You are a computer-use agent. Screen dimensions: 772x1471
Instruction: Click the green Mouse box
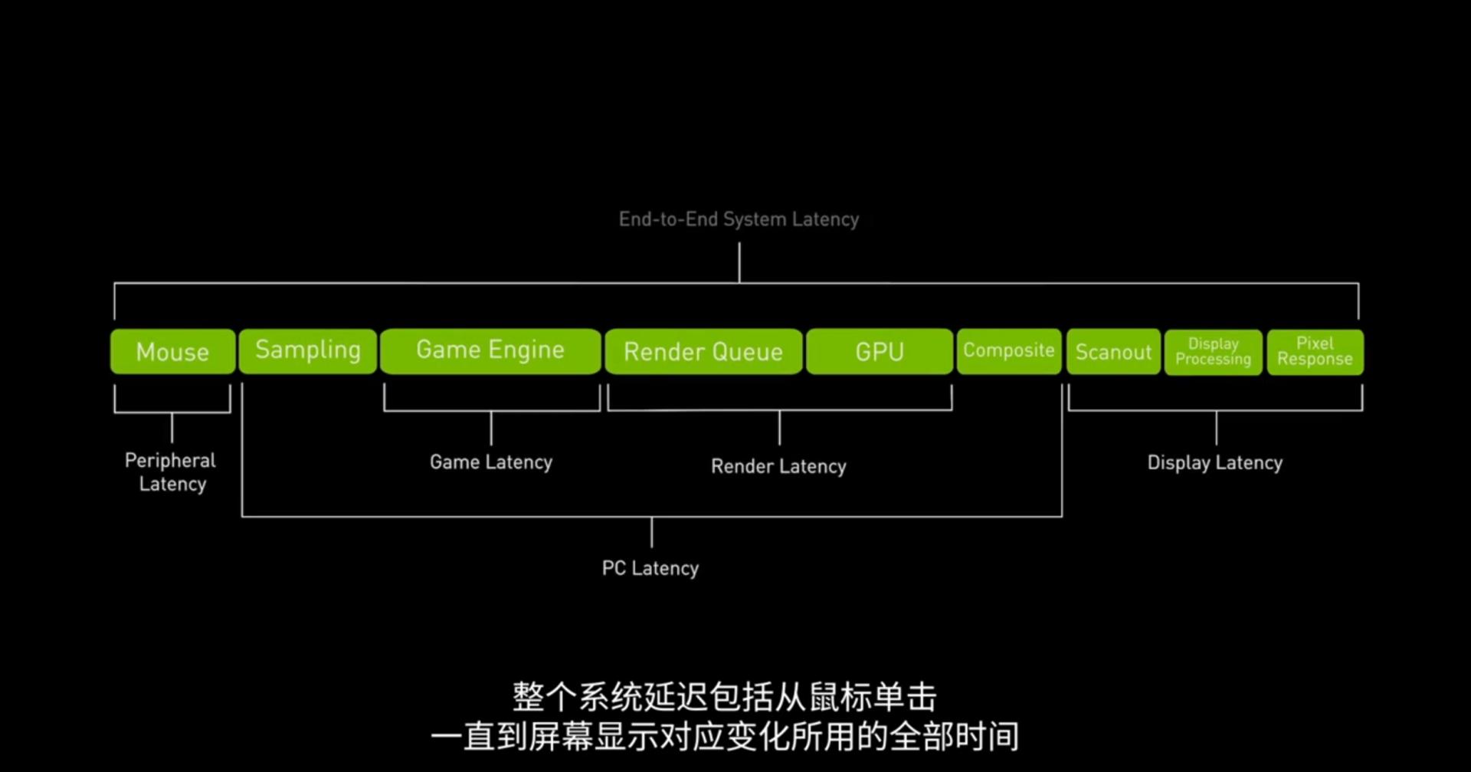pyautogui.click(x=172, y=352)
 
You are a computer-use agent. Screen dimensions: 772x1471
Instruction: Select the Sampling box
pyautogui.click(x=307, y=351)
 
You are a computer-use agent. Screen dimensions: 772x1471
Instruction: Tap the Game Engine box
pyautogui.click(x=490, y=351)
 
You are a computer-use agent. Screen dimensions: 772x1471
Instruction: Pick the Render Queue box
pyautogui.click(x=703, y=352)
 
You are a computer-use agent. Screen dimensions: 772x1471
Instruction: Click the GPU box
pyautogui.click(x=880, y=352)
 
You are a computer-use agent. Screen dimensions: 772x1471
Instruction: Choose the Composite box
pyautogui.click(x=1008, y=351)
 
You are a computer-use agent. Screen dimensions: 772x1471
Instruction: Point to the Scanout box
pyautogui.click(x=1113, y=352)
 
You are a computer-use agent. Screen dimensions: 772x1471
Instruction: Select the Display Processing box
pyautogui.click(x=1213, y=352)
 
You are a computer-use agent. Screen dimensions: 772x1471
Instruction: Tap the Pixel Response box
pyautogui.click(x=1315, y=352)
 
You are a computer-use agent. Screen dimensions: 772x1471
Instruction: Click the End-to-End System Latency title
pyautogui.click(x=739, y=219)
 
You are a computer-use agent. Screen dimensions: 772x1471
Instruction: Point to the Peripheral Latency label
pyautogui.click(x=171, y=472)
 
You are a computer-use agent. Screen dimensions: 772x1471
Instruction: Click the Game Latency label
pyautogui.click(x=490, y=462)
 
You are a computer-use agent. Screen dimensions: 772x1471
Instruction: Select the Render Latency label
pyautogui.click(x=778, y=466)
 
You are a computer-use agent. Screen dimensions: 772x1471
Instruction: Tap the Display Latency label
pyautogui.click(x=1214, y=463)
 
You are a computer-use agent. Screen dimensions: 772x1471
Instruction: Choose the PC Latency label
pyautogui.click(x=650, y=568)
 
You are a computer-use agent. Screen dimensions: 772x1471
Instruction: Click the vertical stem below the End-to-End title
pyautogui.click(x=739, y=262)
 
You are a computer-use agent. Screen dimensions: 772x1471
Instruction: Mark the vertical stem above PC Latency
pyautogui.click(x=651, y=532)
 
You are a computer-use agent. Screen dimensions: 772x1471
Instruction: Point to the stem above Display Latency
pyautogui.click(x=1216, y=428)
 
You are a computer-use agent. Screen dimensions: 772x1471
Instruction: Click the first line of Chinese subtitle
pyautogui.click(x=724, y=698)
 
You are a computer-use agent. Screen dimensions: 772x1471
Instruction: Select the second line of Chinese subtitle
pyautogui.click(x=724, y=737)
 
